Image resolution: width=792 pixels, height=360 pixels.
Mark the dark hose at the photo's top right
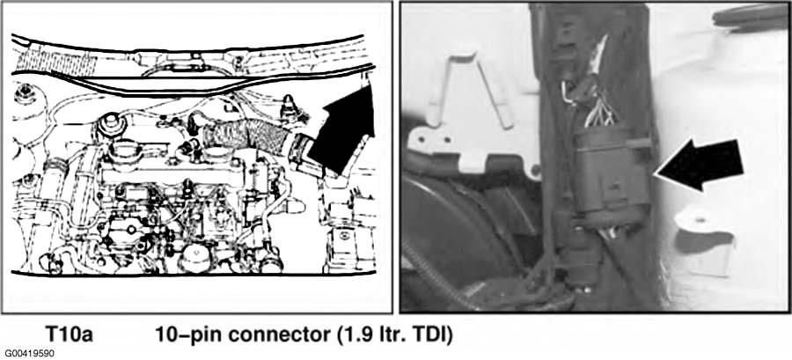[x=748, y=15]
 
